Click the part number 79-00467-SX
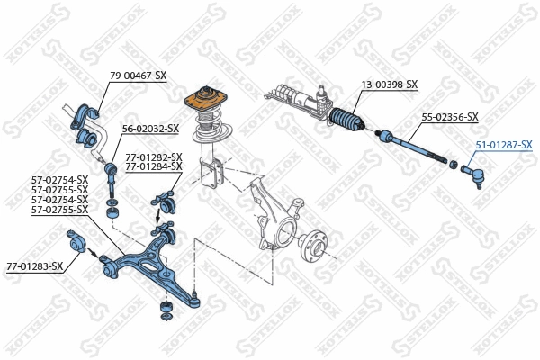point(138,76)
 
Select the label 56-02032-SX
point(150,130)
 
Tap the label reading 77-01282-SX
point(154,157)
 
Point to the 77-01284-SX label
point(154,166)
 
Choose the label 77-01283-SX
point(35,266)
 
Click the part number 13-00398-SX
point(390,85)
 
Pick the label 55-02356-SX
point(450,118)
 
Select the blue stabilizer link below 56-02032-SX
point(112,189)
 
